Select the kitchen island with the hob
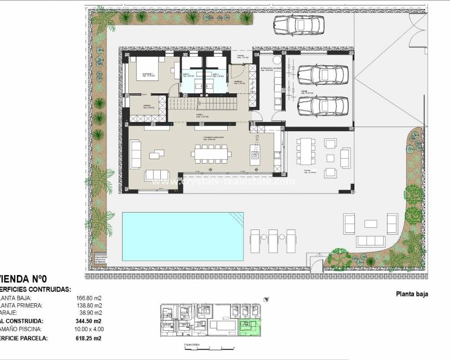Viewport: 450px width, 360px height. (x=256, y=151)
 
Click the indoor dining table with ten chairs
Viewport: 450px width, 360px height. (x=210, y=152)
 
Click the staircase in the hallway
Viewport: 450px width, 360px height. (x=208, y=103)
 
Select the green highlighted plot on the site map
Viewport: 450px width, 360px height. (x=247, y=327)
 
